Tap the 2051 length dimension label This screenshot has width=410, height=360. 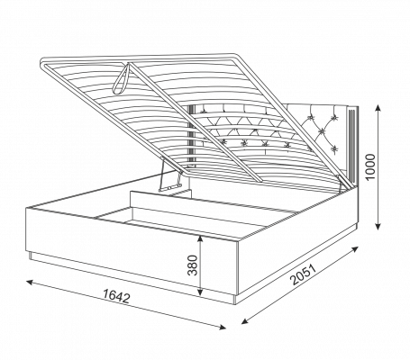[x=304, y=274]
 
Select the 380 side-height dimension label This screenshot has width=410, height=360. [x=192, y=265]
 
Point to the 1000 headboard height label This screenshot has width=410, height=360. [x=370, y=166]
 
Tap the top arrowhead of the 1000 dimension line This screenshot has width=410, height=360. [x=378, y=108]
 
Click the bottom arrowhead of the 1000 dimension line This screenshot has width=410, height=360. [x=378, y=226]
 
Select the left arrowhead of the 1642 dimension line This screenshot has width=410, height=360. [x=30, y=282]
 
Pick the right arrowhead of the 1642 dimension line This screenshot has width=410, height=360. [x=222, y=328]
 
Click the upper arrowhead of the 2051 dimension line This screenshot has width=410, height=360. [x=355, y=249]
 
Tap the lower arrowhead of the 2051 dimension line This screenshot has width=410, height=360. [x=245, y=321]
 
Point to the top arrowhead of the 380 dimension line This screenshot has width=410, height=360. [x=200, y=238]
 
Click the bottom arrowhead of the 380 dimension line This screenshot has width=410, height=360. [x=200, y=292]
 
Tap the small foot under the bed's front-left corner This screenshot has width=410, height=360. [x=31, y=256]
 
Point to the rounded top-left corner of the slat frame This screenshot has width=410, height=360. [x=43, y=63]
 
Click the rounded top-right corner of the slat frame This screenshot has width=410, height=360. [x=236, y=57]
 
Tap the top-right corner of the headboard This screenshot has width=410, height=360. [x=358, y=106]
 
